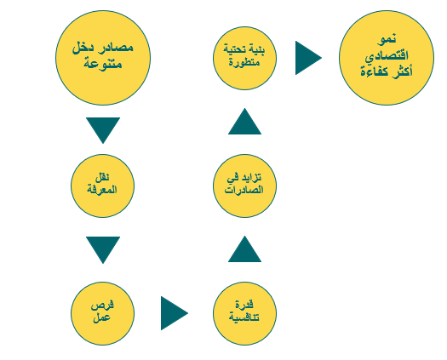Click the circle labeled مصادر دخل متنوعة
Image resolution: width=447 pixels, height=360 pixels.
103,58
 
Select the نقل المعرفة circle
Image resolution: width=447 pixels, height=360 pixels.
103,186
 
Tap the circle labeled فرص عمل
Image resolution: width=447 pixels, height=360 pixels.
103,313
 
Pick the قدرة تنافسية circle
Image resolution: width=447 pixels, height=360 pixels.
244,313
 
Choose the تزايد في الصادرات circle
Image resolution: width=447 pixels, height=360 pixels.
244,186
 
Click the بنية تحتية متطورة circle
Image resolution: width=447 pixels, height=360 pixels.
244,58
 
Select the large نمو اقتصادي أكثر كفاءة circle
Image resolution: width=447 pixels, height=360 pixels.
387,58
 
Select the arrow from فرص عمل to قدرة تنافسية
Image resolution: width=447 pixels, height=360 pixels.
174,313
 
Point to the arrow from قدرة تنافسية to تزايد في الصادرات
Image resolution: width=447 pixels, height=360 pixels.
244,249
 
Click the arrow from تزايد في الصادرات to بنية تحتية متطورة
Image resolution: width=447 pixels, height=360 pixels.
244,122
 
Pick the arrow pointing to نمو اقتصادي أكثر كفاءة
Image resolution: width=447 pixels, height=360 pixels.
308,58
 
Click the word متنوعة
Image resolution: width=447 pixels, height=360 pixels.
103,64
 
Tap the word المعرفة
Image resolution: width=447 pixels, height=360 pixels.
102,190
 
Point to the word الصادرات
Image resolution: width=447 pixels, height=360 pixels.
244,190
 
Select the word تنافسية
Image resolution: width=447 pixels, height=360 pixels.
244,317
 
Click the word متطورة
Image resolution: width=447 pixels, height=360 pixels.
244,62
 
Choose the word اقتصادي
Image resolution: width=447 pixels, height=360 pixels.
387,56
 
